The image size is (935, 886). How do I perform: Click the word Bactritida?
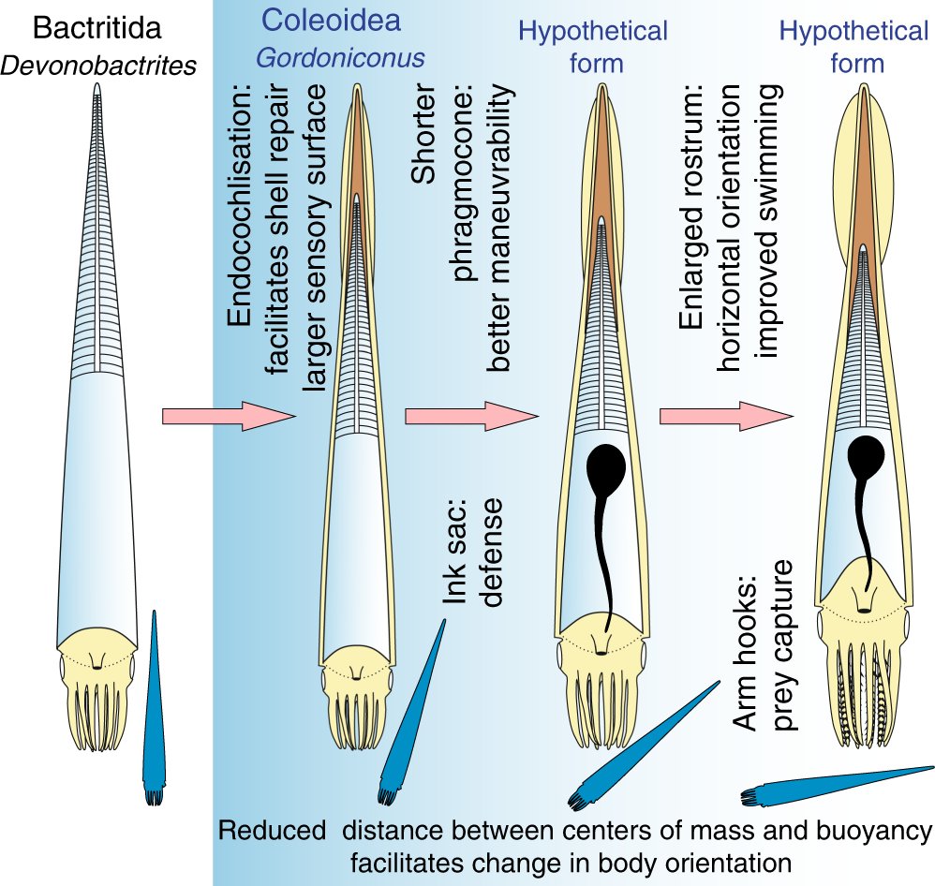coord(97,28)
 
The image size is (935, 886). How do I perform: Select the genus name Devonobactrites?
coord(98,66)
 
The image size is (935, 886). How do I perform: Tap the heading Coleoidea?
coord(332,21)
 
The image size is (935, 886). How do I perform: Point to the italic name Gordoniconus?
coord(340,58)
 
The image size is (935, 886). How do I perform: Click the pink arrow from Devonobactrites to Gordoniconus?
coord(229,416)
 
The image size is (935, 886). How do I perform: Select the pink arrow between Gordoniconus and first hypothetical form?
coord(471,416)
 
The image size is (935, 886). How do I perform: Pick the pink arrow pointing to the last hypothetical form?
coord(726,416)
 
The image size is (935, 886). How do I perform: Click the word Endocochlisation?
coord(240,206)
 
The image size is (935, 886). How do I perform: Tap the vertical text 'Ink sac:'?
coord(453,552)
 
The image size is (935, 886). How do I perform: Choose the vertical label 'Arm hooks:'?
coord(744,653)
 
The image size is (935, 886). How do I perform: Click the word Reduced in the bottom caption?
coord(272,830)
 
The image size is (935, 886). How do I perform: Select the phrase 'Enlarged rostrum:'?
coord(691,207)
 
